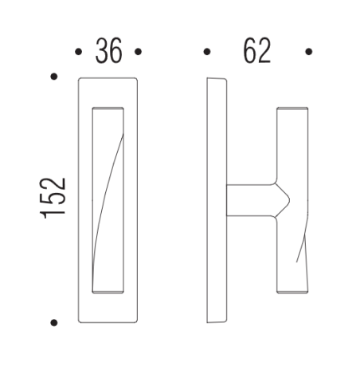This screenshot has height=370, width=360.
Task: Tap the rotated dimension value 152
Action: pos(54,199)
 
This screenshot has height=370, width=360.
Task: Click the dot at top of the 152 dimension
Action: pos(53,77)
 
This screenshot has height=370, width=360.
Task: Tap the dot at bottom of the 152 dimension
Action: pos(53,323)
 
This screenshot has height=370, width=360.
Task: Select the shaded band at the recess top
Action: pos(108,108)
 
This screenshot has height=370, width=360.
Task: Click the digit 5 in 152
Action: pos(54,199)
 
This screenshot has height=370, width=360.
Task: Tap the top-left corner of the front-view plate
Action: pos(80,79)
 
